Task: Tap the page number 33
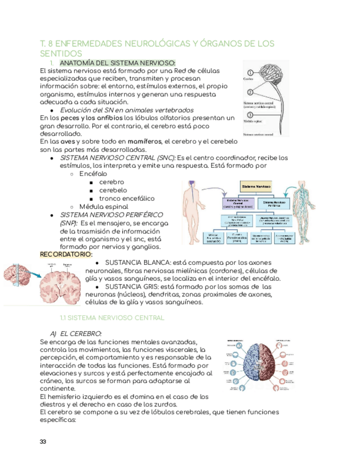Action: pyautogui.click(x=44, y=442)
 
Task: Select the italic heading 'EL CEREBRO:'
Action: pyautogui.click(x=80, y=334)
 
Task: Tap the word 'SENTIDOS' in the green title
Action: pyautogui.click(x=61, y=53)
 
